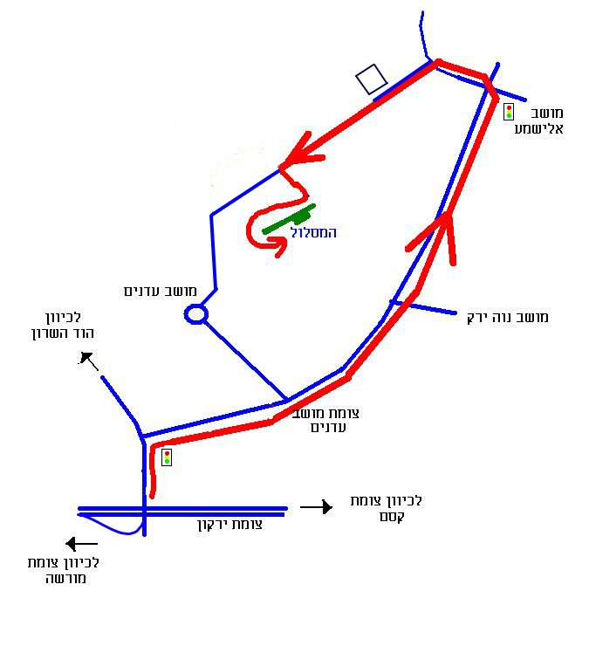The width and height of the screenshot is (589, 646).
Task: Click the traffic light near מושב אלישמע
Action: (508, 111)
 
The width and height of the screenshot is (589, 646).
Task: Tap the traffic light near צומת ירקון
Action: (167, 457)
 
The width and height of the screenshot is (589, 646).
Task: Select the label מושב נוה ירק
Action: (508, 317)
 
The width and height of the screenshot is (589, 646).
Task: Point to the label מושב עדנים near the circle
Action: (161, 291)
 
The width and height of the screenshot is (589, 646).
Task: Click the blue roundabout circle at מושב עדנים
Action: (195, 314)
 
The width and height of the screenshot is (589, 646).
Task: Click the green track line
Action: (287, 220)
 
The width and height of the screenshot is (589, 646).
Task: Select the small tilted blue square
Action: (372, 79)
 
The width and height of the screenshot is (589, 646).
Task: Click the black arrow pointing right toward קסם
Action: (316, 507)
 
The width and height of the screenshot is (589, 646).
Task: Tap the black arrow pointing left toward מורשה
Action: (82, 544)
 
